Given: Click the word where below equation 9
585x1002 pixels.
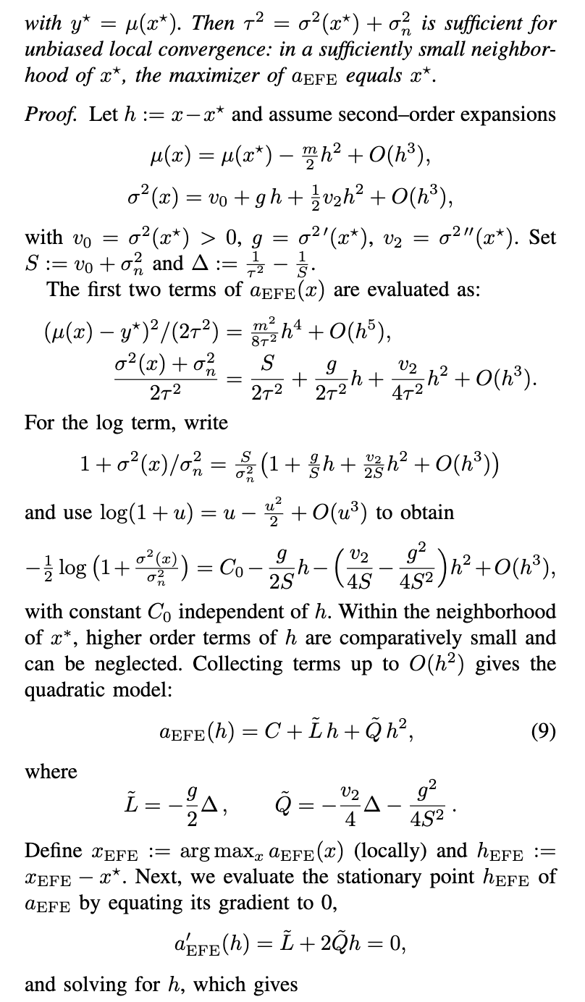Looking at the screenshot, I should click(x=51, y=772).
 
